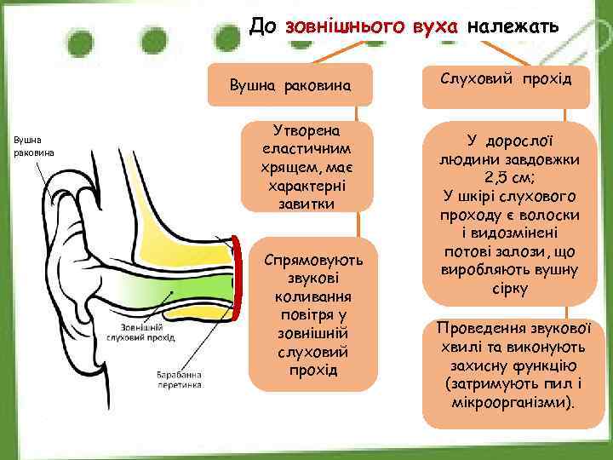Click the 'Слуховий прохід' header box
point(507,79)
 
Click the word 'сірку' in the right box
point(507,288)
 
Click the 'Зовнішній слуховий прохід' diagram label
point(140,331)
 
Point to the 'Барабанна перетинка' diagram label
point(180,379)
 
